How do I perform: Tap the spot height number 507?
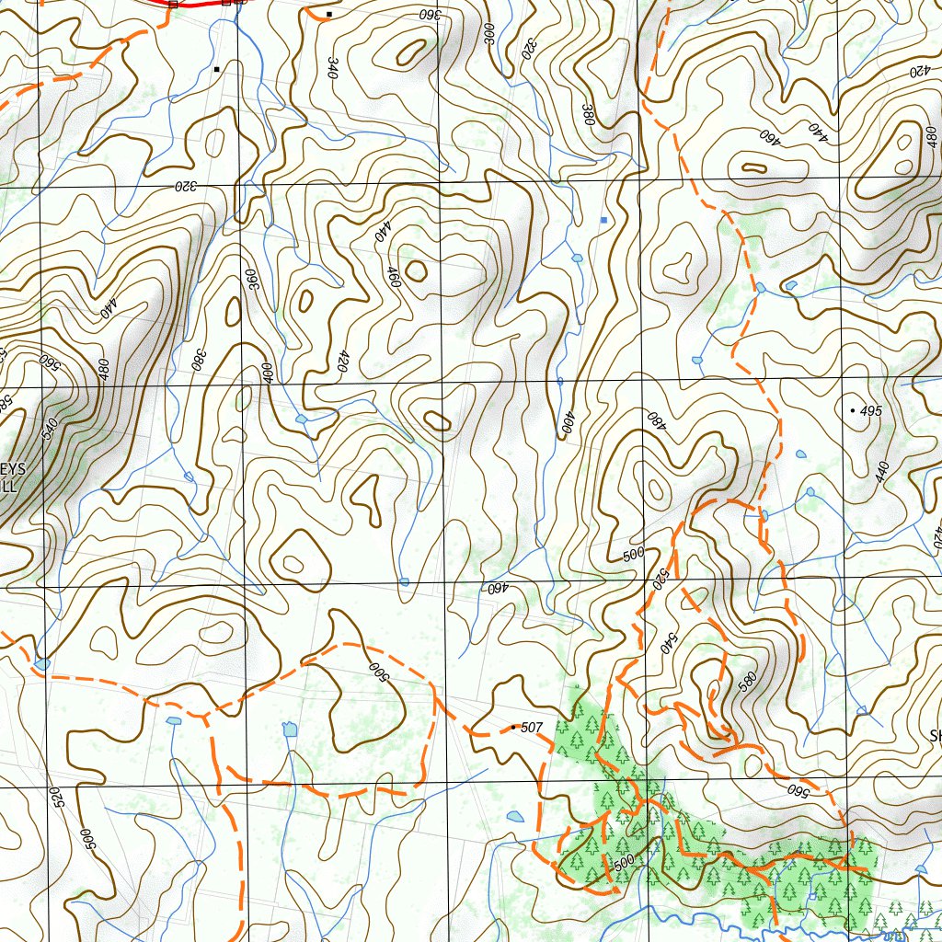coord(533,728)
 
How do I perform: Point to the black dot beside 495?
coord(854,408)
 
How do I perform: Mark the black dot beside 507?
coord(513,728)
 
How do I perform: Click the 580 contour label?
coord(746,682)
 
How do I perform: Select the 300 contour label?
coord(489,35)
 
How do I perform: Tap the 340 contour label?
coord(331,66)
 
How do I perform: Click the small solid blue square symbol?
coord(603,220)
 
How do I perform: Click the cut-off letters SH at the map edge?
coord(935,736)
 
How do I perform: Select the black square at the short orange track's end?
coord(328,15)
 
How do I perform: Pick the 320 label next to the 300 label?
coord(529,49)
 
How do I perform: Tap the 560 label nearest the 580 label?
coord(797,788)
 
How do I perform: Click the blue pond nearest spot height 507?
coord(515,815)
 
